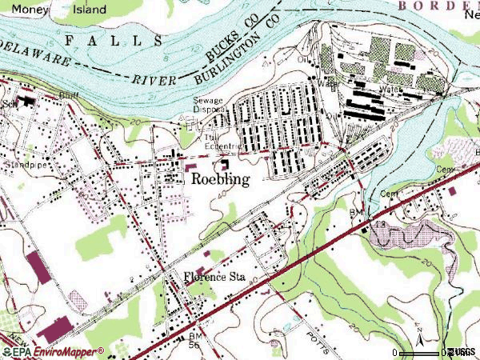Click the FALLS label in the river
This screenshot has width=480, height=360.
[x=112, y=40]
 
